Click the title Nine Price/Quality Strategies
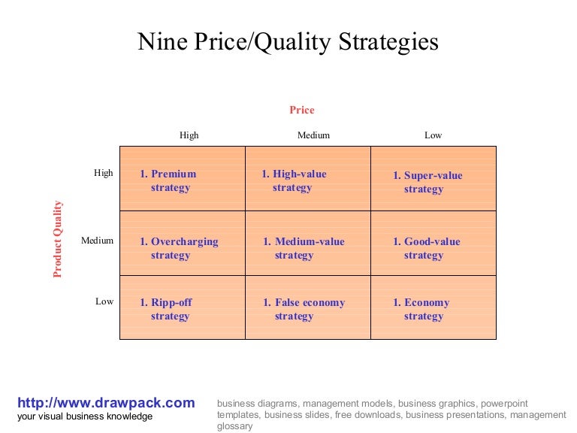288,41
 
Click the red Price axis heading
302,110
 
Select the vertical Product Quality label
59,239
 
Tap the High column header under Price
189,135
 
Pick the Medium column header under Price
313,135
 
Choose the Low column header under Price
433,135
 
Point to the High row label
104,173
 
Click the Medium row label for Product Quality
98,241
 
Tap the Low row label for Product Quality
104,301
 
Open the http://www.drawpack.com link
106,402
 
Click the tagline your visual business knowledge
85,416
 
